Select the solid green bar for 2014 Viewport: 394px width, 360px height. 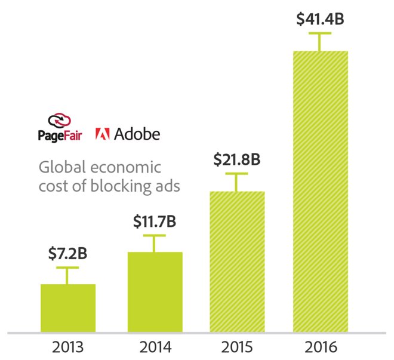[x=155, y=291]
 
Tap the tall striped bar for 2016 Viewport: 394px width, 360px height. [x=320, y=191]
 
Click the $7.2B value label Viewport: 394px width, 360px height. [x=67, y=254]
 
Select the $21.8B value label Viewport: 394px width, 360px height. [x=236, y=160]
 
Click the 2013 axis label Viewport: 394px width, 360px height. [x=67, y=347]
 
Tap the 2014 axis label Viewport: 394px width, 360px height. [x=155, y=347]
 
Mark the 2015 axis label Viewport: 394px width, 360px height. [x=237, y=347]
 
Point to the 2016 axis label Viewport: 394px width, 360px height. [x=320, y=347]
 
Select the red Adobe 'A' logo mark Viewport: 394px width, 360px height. [x=102, y=134]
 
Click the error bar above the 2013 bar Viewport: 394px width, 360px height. [x=67, y=275]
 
